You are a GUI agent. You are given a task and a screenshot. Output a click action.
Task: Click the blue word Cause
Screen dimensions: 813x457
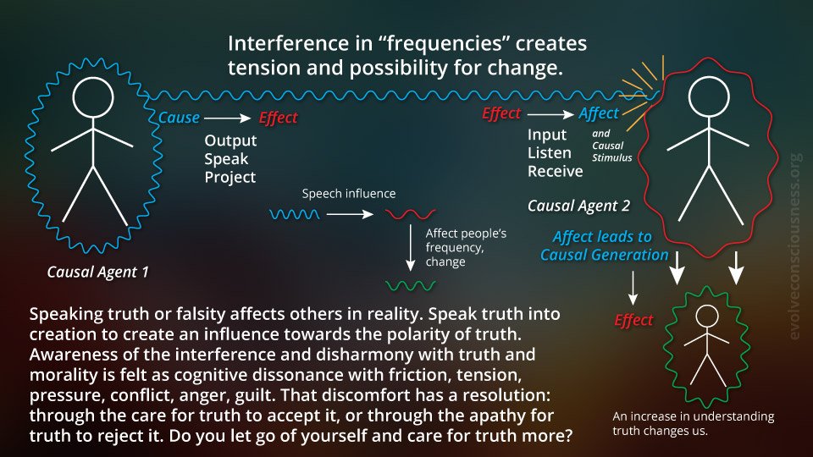coord(179,118)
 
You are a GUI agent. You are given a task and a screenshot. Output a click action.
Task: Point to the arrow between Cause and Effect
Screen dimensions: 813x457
coord(227,118)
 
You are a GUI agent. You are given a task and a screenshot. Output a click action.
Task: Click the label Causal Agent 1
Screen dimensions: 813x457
coord(97,272)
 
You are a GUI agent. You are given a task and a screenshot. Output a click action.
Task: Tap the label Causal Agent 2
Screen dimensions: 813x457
coord(578,206)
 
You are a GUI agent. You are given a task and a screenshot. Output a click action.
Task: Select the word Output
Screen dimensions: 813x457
coord(230,140)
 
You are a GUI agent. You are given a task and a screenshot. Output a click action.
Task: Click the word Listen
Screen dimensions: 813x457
coord(549,153)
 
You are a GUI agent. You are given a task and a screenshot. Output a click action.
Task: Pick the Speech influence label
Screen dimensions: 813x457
coord(348,193)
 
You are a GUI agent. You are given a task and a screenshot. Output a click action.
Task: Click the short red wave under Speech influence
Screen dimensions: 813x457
coord(410,213)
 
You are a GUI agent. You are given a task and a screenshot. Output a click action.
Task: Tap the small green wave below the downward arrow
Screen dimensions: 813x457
coord(410,285)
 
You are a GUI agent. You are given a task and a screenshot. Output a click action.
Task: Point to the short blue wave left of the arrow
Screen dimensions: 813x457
coord(295,213)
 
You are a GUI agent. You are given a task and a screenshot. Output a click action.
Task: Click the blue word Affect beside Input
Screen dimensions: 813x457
coord(599,113)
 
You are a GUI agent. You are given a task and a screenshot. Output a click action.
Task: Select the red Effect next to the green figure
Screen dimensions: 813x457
coord(633,320)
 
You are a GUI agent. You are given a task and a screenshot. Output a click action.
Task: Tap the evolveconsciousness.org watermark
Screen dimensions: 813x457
coord(795,246)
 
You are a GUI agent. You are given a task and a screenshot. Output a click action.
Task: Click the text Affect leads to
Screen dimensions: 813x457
coord(602,236)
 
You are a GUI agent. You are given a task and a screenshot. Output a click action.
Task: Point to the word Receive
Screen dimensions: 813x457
coord(555,171)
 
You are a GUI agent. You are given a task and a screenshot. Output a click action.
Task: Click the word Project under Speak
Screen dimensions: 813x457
coord(230,177)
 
